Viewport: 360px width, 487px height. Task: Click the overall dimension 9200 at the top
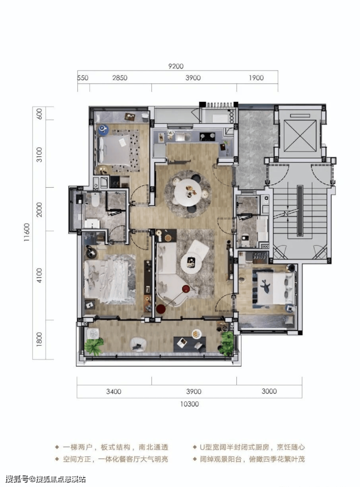(x=176, y=66)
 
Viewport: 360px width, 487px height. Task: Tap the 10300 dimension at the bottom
(x=189, y=404)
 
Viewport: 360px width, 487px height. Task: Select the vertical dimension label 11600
(x=27, y=233)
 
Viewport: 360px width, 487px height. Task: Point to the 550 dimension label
(x=83, y=78)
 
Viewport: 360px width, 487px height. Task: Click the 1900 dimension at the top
(x=256, y=78)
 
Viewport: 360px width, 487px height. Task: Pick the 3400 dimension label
(x=114, y=391)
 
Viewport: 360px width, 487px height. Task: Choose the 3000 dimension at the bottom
(x=269, y=391)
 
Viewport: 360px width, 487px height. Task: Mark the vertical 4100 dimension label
(x=39, y=275)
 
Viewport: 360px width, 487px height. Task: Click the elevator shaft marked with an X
(x=300, y=135)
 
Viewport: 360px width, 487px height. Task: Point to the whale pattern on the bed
(x=265, y=286)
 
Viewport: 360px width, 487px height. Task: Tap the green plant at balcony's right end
(x=226, y=343)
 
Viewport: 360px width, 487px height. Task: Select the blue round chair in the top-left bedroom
(x=104, y=129)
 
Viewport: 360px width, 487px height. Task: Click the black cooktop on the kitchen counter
(x=208, y=136)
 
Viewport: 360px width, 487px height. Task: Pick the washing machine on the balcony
(x=93, y=334)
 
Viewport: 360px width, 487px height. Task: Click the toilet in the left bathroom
(x=95, y=199)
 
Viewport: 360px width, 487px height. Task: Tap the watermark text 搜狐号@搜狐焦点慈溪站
(x=45, y=479)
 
